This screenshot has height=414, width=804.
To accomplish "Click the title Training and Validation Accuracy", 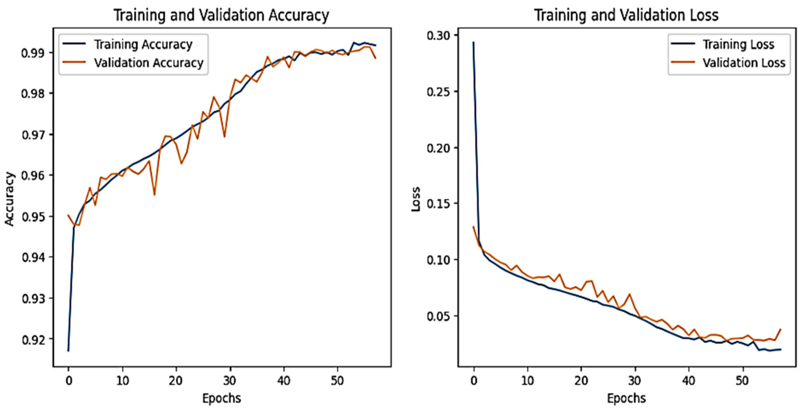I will click(x=221, y=15).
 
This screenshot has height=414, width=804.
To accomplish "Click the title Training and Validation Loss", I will click(x=626, y=15).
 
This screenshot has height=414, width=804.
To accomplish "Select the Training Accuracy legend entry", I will click(x=143, y=45).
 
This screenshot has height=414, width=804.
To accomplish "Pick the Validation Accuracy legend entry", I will click(x=148, y=63).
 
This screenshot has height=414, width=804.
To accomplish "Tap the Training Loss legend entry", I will click(x=738, y=45).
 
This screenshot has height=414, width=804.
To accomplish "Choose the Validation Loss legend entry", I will click(x=744, y=63).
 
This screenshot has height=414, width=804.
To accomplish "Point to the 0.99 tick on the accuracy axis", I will click(x=32, y=53).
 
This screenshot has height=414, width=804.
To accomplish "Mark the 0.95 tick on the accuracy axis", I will click(x=32, y=217).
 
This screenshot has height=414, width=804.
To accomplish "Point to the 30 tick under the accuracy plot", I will click(x=230, y=381).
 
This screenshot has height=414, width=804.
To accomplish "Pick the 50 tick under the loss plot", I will click(x=742, y=381).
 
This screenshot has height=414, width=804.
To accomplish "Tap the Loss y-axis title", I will click(x=415, y=199).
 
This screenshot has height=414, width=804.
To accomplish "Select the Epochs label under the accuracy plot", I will click(x=222, y=398).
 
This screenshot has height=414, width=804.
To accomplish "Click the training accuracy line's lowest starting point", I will click(x=68, y=351).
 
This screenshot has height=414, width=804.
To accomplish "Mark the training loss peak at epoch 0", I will click(x=473, y=42).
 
